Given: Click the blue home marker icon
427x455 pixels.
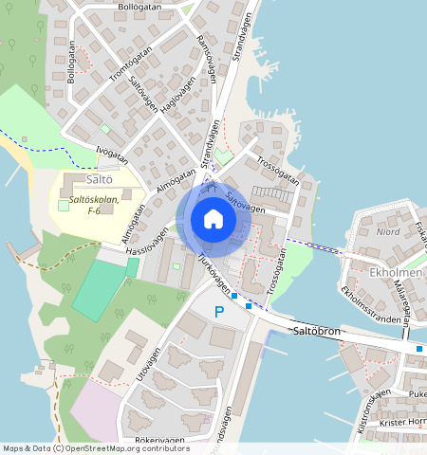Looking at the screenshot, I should [213, 219].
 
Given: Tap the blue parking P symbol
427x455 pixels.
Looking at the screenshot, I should [219, 312].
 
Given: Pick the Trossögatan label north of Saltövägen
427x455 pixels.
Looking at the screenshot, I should [277, 169].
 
